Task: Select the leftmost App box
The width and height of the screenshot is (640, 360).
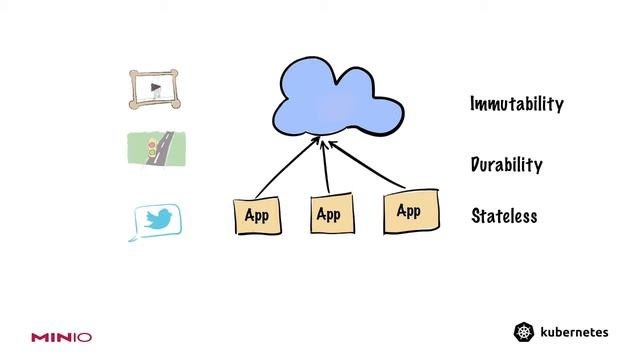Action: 257,214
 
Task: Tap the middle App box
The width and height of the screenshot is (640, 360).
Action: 328,214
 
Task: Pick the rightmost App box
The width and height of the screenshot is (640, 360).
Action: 409,211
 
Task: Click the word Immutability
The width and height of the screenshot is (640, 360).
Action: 517,104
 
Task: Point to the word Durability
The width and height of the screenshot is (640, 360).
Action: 506,165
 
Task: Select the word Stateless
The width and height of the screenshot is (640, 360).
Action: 504,216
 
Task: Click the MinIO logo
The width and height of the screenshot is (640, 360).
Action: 61,337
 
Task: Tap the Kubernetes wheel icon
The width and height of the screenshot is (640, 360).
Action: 523,332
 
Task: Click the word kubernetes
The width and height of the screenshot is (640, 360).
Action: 573,332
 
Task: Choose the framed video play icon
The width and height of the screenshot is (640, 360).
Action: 156,89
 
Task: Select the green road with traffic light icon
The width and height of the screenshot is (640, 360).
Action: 155,149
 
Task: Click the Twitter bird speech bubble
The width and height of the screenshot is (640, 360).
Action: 157,221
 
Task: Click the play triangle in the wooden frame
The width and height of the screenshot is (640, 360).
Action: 155,88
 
